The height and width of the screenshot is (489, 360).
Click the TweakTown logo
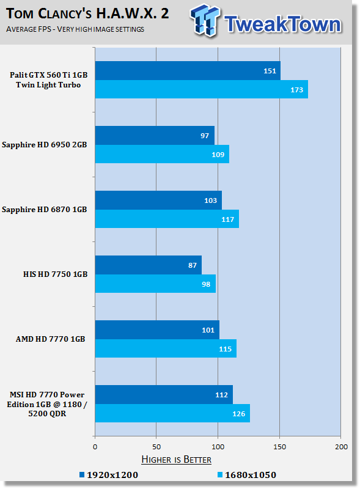coord(266,21)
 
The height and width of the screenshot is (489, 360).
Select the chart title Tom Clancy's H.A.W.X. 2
coord(87,13)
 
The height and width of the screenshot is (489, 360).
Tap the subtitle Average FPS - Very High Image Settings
coord(75,29)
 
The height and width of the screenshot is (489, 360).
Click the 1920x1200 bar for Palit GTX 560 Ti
coord(188,70)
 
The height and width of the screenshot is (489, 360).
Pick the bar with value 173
coord(202,89)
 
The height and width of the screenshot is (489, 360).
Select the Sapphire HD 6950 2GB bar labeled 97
coord(155,135)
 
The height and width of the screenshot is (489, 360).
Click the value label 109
coord(218,155)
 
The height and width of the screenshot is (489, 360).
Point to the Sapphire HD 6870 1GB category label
coord(44,209)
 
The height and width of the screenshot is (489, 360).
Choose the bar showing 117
coord(167,219)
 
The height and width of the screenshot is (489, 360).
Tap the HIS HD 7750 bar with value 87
coord(148,265)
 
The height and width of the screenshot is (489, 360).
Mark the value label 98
coord(206,284)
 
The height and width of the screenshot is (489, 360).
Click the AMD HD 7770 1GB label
coord(51,339)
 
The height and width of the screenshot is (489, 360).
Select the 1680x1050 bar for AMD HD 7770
coord(166,348)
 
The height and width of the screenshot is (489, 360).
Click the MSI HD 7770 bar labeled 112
coord(164,394)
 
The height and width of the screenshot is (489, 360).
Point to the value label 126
coord(238,414)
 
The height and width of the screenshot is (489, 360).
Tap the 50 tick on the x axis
coord(156,447)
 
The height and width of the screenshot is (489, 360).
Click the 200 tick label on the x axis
coord(341,447)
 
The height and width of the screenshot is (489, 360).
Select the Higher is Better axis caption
coord(176,460)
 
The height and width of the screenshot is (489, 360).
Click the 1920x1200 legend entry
coord(109,475)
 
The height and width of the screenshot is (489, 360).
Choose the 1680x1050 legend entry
coord(247,475)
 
